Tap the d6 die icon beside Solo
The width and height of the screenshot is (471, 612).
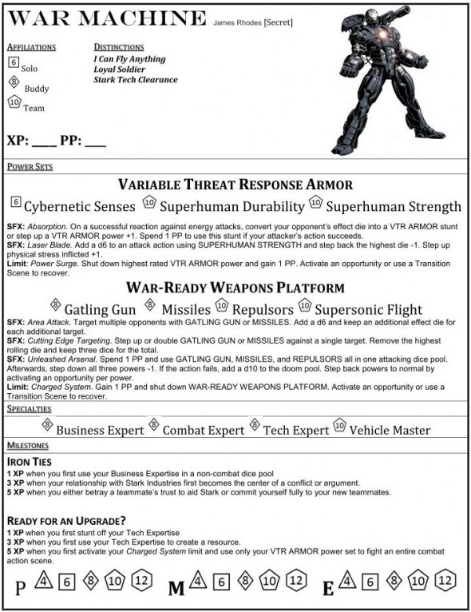coord(13,62)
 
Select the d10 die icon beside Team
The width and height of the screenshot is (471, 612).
coord(13,101)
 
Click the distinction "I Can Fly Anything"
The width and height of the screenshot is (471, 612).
coord(129,59)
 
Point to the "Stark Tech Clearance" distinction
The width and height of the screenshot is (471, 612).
coord(135,80)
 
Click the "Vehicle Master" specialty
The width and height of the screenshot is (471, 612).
coord(390,430)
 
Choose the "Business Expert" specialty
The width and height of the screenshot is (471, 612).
coord(100,430)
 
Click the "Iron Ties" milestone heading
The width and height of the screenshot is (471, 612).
coord(31,461)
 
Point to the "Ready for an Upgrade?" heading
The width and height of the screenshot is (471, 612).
coord(62,519)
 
